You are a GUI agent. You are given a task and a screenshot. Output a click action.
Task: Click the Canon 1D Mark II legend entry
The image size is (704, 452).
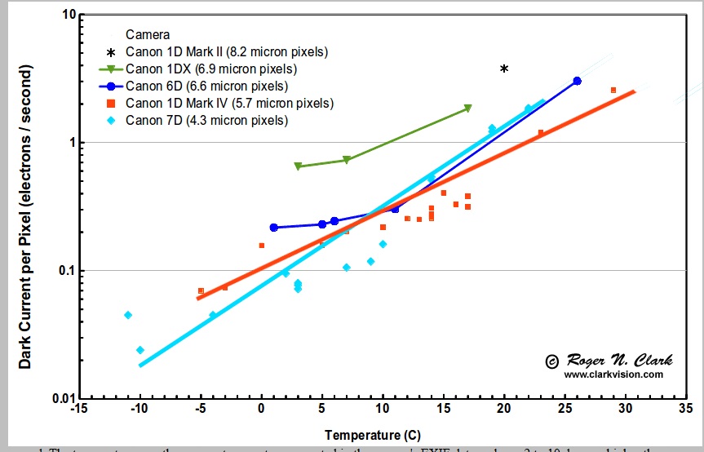pyautogui.click(x=226, y=51)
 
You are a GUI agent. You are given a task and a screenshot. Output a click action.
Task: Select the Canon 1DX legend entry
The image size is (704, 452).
pyautogui.click(x=210, y=69)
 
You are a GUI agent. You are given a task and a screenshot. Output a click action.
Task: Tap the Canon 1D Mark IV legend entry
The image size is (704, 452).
pyautogui.click(x=229, y=103)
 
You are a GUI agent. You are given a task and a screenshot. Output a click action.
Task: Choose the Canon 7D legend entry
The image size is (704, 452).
pyautogui.click(x=206, y=120)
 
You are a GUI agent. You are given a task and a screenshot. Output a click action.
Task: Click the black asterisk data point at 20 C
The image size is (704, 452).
pyautogui.click(x=504, y=69)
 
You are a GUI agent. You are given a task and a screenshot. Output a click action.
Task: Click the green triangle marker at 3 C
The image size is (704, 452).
pyautogui.click(x=298, y=166)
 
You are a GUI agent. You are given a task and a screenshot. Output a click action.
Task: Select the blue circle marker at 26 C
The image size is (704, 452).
pyautogui.click(x=578, y=81)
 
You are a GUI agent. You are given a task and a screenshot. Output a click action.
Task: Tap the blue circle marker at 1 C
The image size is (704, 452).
pyautogui.click(x=274, y=228)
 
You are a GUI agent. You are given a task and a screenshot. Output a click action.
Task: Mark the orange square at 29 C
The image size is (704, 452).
pyautogui.click(x=613, y=90)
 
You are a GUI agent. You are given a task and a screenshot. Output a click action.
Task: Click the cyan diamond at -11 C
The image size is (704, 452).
pyautogui.click(x=128, y=315)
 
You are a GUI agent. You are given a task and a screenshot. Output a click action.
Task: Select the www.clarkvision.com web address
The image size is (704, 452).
pyautogui.click(x=613, y=374)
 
